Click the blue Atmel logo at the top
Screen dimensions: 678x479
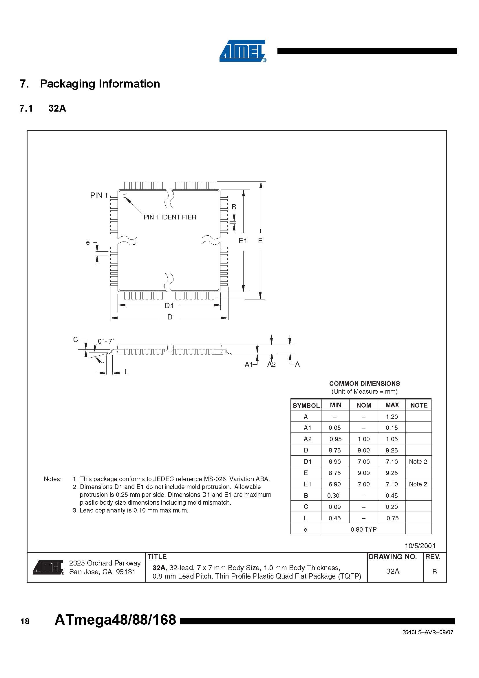pos(243,51)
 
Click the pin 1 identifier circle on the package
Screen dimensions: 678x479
pos(125,196)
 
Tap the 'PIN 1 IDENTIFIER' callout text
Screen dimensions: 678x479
pos(170,217)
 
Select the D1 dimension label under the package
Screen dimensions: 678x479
pos(169,306)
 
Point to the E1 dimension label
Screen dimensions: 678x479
pos(242,241)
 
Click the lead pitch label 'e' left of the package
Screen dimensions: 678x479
pos(87,243)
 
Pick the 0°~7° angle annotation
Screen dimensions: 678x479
pos(106,341)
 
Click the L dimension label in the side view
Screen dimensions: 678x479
pos(127,372)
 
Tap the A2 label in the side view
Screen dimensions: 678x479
pos(271,365)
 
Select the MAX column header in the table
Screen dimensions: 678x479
pos(392,405)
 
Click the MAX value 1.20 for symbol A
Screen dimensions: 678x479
pos(392,417)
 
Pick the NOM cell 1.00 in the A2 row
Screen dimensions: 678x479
pos(363,439)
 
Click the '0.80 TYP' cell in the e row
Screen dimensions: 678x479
pos(363,530)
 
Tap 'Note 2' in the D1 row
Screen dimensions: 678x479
pos(418,461)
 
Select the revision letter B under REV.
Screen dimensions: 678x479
pos(434,572)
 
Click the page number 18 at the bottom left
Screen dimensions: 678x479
pos(25,621)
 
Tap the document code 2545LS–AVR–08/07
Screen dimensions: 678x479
pos(427,632)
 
